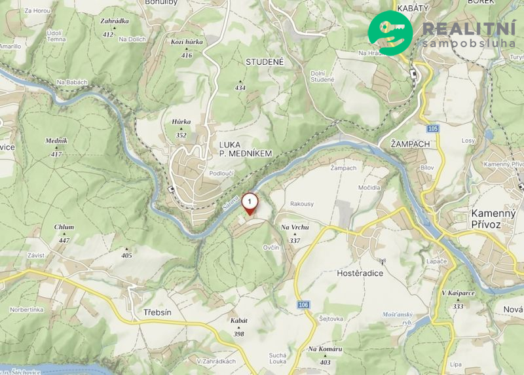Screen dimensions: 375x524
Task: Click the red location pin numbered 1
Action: click(250, 203)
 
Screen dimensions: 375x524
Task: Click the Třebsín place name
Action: click(157, 312)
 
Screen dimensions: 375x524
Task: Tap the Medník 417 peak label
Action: click(56, 145)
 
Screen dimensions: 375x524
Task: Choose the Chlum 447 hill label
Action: click(64, 232)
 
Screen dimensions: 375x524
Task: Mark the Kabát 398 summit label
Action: click(239, 326)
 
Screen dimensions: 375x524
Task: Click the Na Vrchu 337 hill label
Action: click(295, 232)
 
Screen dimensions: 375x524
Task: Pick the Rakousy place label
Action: click(301, 204)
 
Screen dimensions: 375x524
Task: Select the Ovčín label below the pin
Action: click(271, 247)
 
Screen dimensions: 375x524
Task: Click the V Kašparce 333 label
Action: click(458, 297)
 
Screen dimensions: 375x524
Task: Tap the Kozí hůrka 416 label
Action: click(187, 46)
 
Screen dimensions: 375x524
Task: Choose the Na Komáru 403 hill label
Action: click(326, 353)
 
